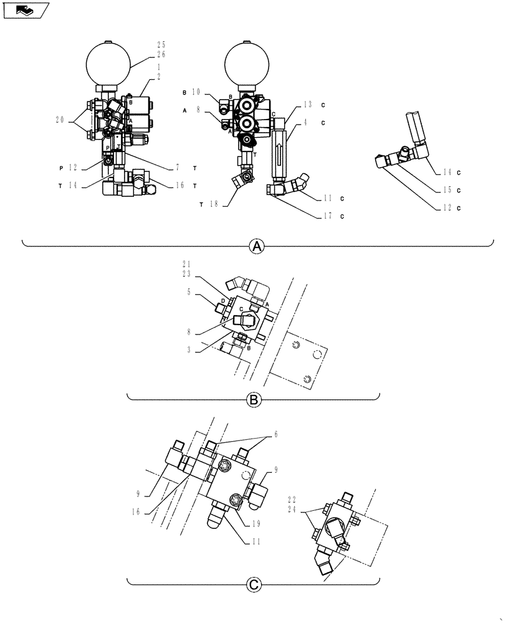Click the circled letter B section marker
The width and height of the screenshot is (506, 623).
[x=254, y=400]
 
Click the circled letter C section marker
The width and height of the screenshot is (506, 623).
[x=254, y=584]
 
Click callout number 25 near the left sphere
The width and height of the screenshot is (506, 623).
[x=161, y=45]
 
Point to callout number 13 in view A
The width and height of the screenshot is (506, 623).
[x=307, y=105]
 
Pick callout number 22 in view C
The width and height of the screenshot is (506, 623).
[x=293, y=499]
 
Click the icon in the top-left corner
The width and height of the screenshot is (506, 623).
[x=26, y=11]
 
